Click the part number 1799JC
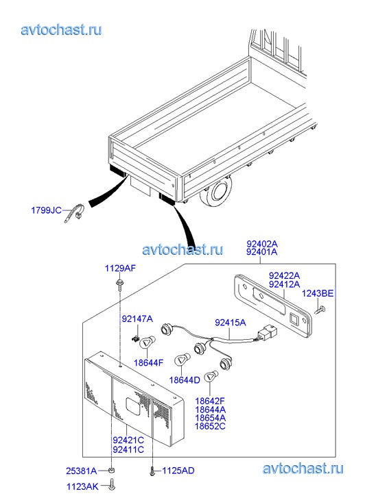pos(46,210)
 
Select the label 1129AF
pos(120,269)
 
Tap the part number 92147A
pos(137,319)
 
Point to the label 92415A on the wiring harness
pos(231,323)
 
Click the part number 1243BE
pos(317,293)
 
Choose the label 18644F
pos(149,362)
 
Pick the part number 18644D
pos(185,380)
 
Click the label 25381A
pos(81,471)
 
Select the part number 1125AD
pos(178,471)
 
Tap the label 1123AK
pos(82,486)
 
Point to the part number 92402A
pos(262,244)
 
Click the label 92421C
pos(128,440)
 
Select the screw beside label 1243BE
pos(320,310)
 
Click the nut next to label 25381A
pos(111,470)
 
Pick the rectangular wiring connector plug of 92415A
pos(268,332)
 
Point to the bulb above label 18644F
pos(147,343)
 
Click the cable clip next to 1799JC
pos(75,213)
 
